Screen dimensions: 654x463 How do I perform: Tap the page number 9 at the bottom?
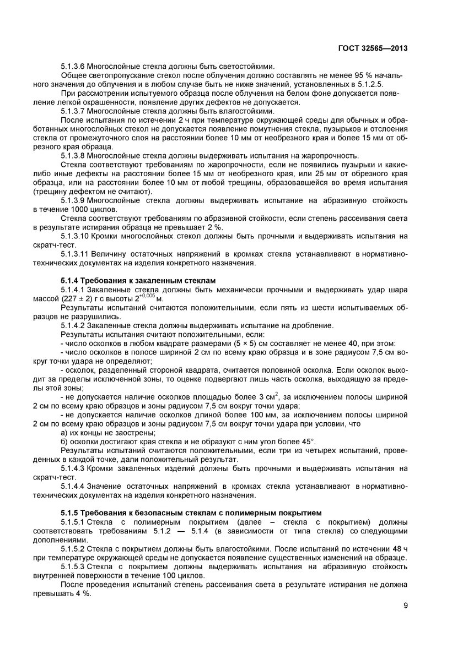click(x=405, y=606)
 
